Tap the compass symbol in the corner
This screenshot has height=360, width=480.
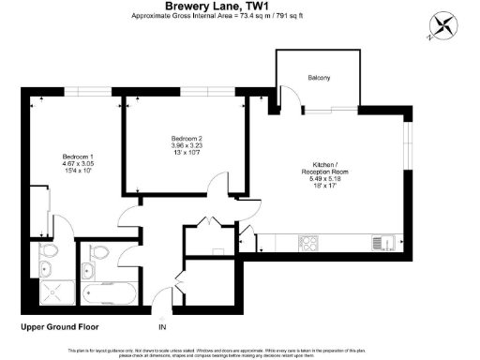(442, 25)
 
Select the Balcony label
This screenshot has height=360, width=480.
(318, 78)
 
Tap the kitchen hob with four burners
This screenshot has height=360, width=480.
(310, 243)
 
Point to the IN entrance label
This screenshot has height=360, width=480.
(162, 326)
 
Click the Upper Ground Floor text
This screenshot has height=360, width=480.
(57, 326)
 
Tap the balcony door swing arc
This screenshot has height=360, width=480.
(349, 97)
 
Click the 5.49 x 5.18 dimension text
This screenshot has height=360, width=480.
(346, 180)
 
